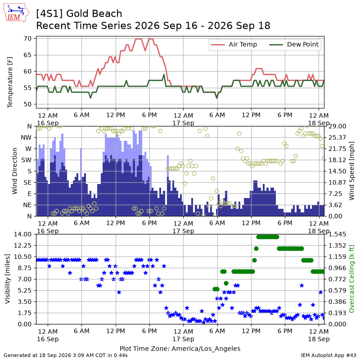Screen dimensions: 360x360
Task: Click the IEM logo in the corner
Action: [16, 13]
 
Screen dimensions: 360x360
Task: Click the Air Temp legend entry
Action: [234, 44]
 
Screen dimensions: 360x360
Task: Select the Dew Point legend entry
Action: [294, 44]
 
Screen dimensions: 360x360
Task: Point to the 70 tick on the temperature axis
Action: [27, 39]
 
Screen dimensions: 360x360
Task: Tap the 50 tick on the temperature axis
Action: [27, 104]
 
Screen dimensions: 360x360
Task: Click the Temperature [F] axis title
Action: [10, 82]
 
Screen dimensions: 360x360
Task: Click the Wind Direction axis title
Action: [14, 171]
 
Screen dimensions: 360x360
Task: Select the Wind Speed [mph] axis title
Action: [351, 171]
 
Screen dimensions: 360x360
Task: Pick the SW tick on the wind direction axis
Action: [27, 160]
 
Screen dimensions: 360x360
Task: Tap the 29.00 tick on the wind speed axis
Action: [337, 126]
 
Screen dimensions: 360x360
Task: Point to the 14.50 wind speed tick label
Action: [337, 171]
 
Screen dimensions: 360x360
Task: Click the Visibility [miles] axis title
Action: [8, 279]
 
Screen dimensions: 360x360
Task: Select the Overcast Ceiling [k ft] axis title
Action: [351, 279]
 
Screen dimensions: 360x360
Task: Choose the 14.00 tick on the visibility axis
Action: [23, 234]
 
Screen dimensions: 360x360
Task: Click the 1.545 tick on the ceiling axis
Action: [337, 234]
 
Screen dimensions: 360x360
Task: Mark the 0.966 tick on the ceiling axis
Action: [337, 268]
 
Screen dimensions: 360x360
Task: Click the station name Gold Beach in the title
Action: [94, 13]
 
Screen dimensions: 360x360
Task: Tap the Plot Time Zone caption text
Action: [180, 348]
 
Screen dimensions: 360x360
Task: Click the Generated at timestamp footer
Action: [66, 355]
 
